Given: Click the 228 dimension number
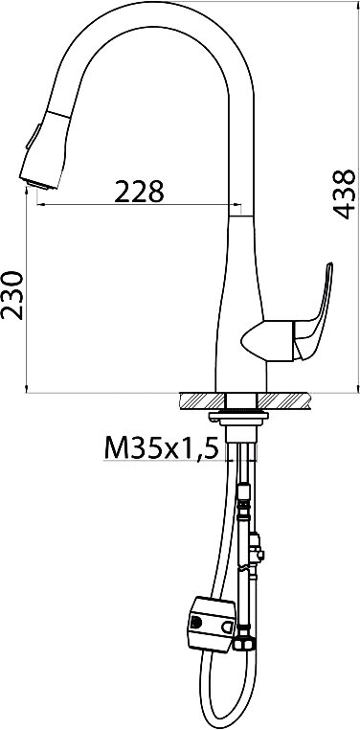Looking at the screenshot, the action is tap(139, 192).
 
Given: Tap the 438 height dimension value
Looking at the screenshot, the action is tap(344, 194).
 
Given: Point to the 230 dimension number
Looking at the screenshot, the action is tap(12, 295).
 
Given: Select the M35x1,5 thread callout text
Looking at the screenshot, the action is tap(161, 448).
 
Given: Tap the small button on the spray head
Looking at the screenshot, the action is tap(33, 136).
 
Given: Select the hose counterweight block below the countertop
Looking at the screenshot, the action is tap(212, 624).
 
